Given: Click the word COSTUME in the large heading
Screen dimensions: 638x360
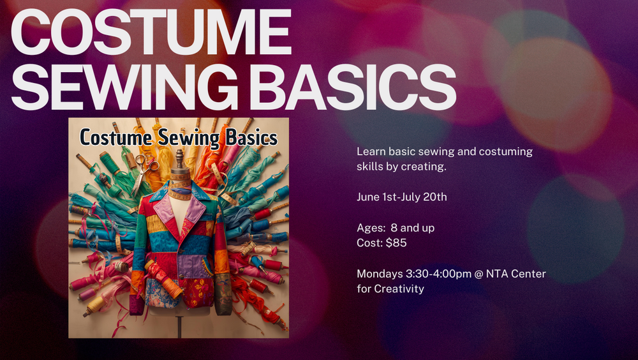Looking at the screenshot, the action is coord(151,32).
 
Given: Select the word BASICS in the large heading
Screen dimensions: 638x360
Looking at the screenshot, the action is coord(352,87).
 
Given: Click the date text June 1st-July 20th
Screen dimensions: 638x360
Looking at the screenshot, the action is coord(401,197).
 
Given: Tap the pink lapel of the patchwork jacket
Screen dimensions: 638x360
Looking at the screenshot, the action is coord(164,211).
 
